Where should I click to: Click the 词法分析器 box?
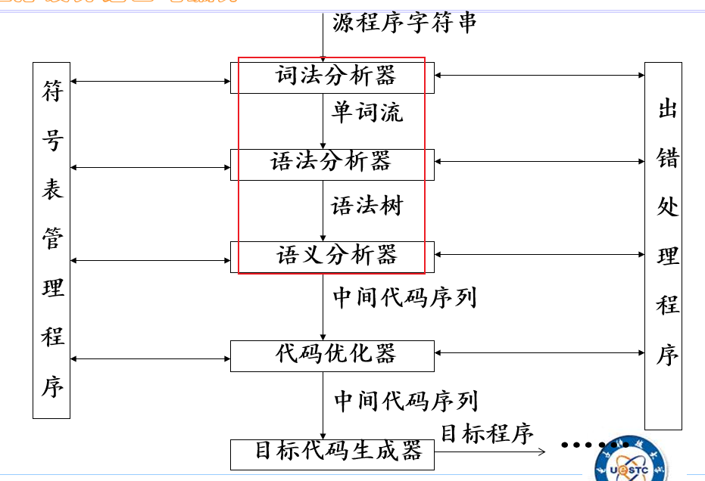tap(333, 77)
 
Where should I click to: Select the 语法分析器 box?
tap(333, 163)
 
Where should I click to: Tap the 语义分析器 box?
tap(333, 256)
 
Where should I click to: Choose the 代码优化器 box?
tap(333, 355)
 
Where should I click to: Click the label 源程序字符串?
tap(405, 23)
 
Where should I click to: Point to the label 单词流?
tap(367, 113)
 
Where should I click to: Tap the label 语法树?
tap(367, 206)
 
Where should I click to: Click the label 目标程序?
tap(487, 433)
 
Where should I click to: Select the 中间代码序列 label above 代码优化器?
tap(405, 297)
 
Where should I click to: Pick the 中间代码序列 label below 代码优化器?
tap(406, 400)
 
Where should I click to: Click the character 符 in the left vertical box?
tap(52, 92)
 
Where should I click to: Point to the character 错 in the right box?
tap(667, 158)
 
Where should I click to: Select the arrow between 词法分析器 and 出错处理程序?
tap(539, 76)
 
